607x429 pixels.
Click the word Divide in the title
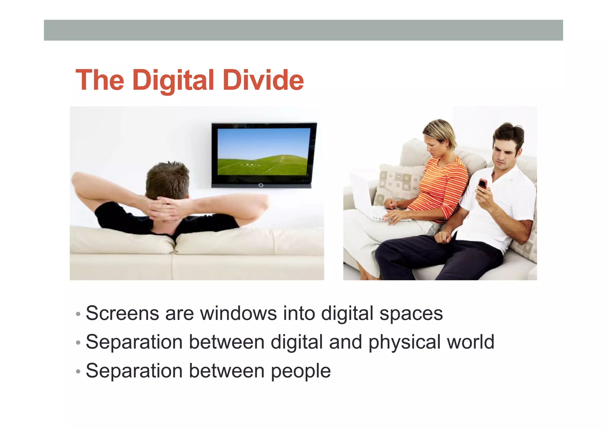[263, 80]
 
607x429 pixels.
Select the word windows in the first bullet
[238, 313]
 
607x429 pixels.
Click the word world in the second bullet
[470, 342]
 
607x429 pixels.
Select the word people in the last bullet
[301, 371]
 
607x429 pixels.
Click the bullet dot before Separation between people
[78, 371]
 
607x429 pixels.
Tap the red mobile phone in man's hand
[483, 184]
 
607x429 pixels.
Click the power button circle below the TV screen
[261, 185]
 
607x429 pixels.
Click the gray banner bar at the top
[303, 30]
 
